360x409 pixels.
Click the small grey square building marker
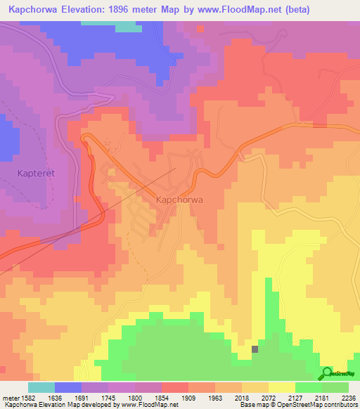[x=255, y=349]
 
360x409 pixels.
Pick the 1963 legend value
[x=225, y=398]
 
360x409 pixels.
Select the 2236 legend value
[x=349, y=398]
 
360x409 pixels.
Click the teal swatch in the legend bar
[x=41, y=387]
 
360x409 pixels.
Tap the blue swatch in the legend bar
[x=68, y=387]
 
